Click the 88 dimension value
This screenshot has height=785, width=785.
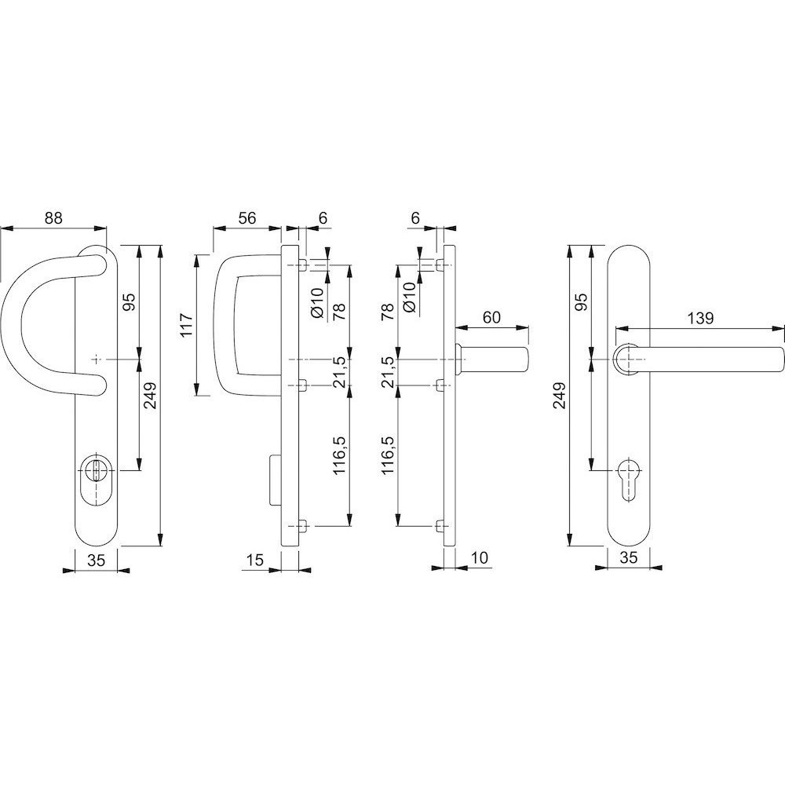pyautogui.click(x=53, y=218)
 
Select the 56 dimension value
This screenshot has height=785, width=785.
pyautogui.click(x=246, y=218)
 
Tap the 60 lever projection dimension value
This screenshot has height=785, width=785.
pyautogui.click(x=491, y=317)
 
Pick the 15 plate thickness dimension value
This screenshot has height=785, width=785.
pyautogui.click(x=255, y=559)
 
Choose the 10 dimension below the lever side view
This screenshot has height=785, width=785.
pyautogui.click(x=479, y=557)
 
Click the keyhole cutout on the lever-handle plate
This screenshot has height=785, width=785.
pyautogui.click(x=628, y=479)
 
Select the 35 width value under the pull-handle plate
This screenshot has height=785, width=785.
pyautogui.click(x=96, y=560)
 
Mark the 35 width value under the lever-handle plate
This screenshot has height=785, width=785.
pyautogui.click(x=628, y=557)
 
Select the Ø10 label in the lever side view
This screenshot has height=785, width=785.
pyautogui.click(x=410, y=298)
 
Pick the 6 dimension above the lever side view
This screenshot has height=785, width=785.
pyautogui.click(x=415, y=218)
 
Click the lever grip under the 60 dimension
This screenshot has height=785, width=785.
pyautogui.click(x=494, y=360)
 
